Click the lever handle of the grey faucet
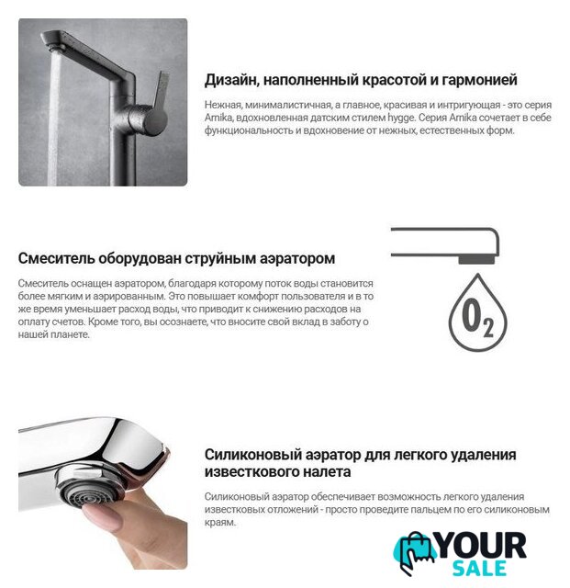[159, 101]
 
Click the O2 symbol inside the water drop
[477, 318]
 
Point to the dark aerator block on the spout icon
[476, 259]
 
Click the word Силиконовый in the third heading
[252, 455]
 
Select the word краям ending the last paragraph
[219, 523]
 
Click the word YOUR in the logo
[482, 546]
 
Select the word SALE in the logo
[479, 569]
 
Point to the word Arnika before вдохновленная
[218, 118]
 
